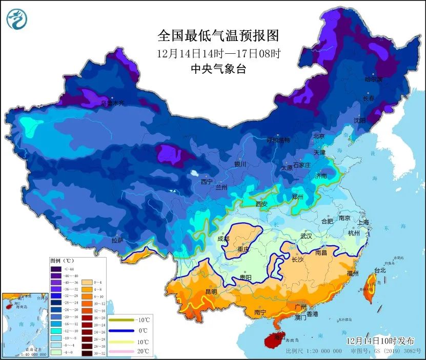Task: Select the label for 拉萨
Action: tap(117, 240)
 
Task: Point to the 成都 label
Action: tap(224, 238)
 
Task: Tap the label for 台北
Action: tap(379, 270)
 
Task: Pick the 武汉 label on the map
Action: tap(307, 237)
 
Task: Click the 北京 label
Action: tap(319, 136)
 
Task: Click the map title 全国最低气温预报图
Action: tap(218, 35)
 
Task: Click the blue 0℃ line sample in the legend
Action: tap(123, 331)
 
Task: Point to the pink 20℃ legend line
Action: tap(123, 351)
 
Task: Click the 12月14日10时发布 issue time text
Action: tap(379, 341)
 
